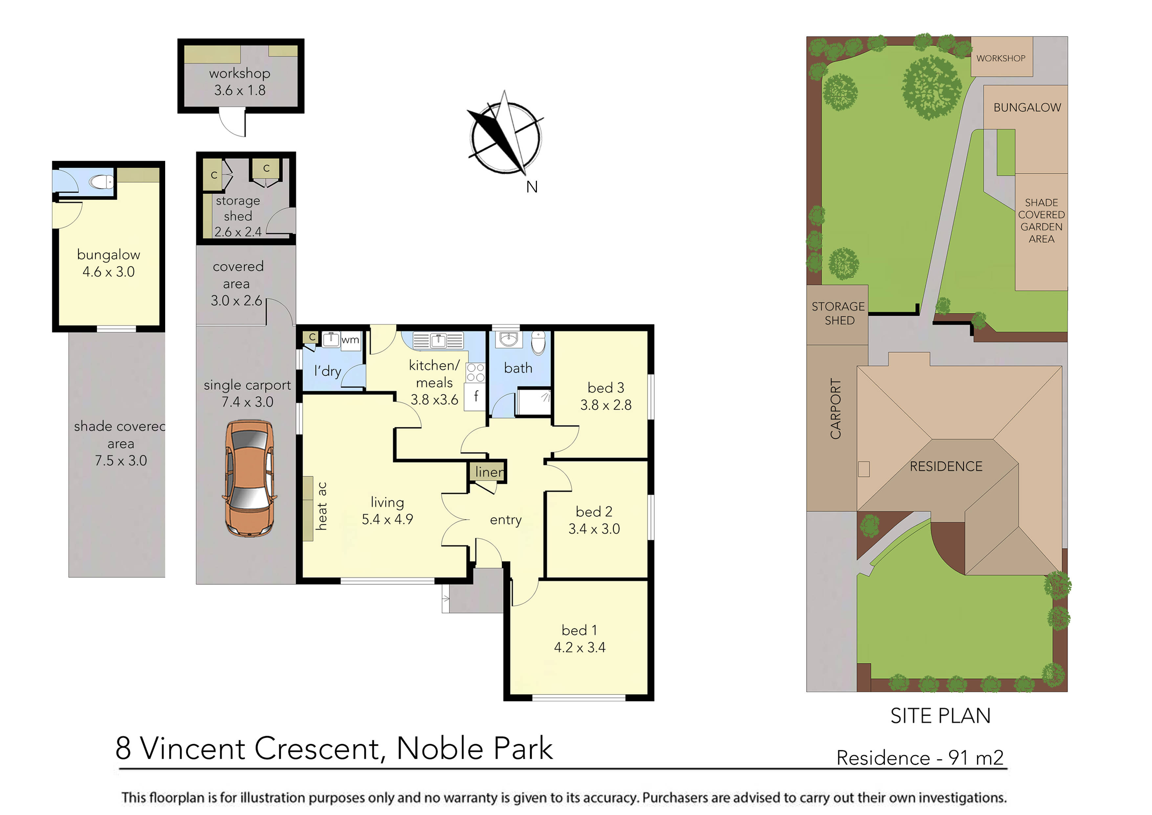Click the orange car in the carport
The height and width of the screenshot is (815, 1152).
click(x=249, y=478)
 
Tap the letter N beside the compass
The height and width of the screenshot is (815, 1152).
click(x=532, y=187)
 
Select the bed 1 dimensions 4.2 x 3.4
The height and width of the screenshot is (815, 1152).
click(x=580, y=648)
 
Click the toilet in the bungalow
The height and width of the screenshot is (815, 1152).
click(x=102, y=181)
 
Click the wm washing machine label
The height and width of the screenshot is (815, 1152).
click(x=350, y=340)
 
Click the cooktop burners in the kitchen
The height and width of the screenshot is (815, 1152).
click(x=475, y=373)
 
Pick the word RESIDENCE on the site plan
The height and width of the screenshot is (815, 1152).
click(x=946, y=467)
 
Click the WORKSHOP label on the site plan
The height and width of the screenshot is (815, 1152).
click(x=1001, y=58)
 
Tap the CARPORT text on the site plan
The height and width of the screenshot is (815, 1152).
click(x=835, y=409)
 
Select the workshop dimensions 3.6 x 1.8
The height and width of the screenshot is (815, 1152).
click(x=240, y=90)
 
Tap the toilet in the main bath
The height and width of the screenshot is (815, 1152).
click(x=538, y=343)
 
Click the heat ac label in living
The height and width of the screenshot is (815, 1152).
click(x=321, y=506)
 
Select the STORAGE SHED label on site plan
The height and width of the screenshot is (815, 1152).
click(x=838, y=313)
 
